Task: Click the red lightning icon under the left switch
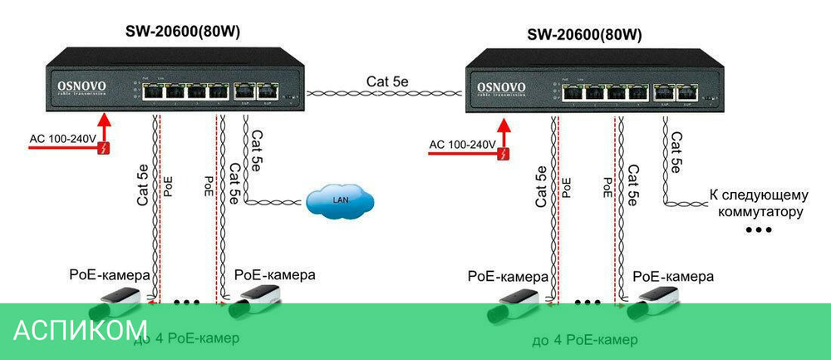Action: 103,149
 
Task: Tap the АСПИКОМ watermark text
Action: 81,329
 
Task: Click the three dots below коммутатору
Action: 758,229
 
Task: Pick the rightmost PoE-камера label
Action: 672,275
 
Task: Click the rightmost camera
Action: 654,303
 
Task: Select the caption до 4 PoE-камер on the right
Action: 585,340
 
